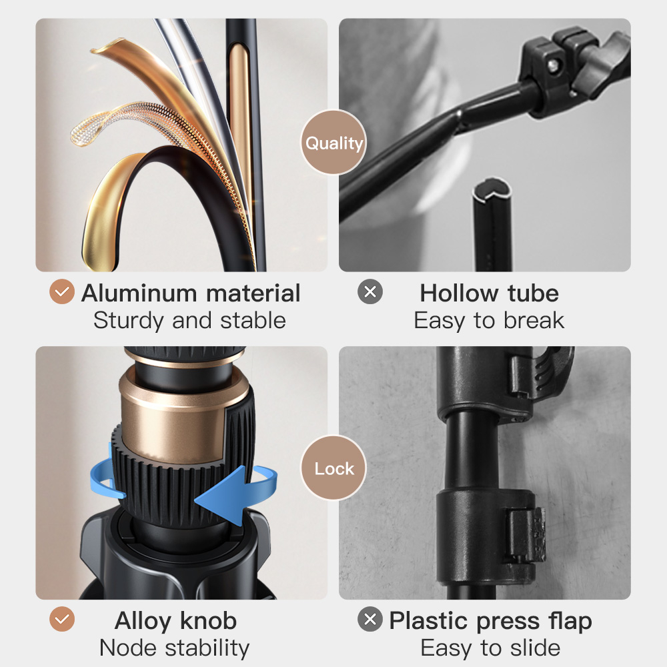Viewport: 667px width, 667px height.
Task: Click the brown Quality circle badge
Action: point(333,143)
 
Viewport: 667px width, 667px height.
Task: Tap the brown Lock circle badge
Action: point(333,468)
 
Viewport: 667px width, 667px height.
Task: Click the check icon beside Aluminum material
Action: point(62,291)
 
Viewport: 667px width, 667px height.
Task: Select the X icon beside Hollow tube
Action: point(370,291)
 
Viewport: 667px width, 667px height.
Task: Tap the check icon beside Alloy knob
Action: point(62,619)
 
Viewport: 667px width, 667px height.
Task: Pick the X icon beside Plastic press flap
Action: point(370,619)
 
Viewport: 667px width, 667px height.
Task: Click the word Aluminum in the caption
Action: point(139,293)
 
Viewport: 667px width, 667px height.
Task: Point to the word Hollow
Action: point(459,293)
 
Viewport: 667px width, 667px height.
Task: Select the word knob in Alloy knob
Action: point(208,620)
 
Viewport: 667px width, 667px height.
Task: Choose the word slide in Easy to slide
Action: point(535,648)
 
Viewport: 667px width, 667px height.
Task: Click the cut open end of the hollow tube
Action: point(492,189)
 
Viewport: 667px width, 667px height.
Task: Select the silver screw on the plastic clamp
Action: point(552,65)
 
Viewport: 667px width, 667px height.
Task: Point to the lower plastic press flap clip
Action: point(527,536)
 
